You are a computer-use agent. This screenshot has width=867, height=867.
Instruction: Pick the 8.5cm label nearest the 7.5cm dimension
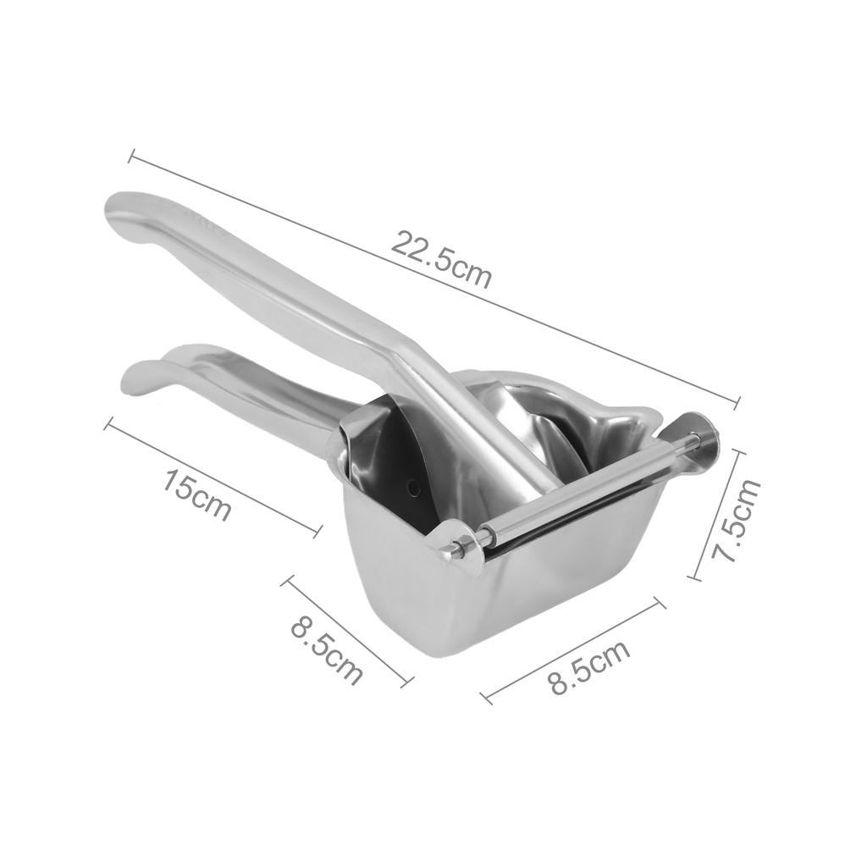[589, 666]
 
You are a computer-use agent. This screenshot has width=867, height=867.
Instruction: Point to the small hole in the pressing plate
[413, 487]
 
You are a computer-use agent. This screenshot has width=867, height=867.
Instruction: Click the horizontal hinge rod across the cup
[584, 491]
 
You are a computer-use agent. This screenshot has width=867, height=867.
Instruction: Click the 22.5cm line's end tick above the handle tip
[131, 157]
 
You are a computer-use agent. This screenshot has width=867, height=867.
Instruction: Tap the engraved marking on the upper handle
[200, 217]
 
